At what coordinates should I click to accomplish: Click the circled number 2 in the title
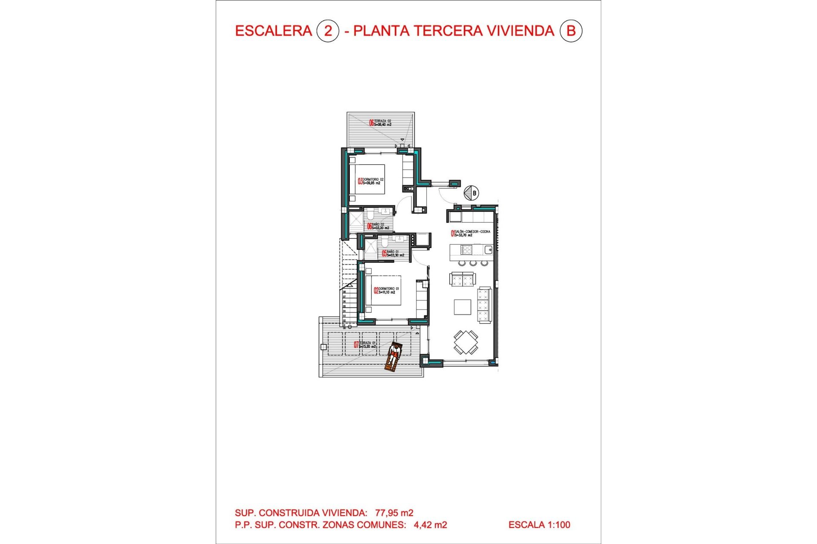coord(328,31)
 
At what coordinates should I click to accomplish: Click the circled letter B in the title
coord(571,31)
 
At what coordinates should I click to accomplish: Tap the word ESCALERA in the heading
coord(273,31)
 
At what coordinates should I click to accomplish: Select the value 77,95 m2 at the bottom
coord(394,513)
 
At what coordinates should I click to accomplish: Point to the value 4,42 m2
coord(430,525)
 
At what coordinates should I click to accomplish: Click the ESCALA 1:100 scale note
coord(539,525)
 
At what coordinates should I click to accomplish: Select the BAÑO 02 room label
coord(378,226)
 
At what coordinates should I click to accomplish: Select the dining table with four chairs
coord(466,342)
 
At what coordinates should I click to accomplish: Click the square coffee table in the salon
coord(462,307)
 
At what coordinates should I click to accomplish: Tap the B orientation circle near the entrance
coord(471,193)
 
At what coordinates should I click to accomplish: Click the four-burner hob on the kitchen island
coord(466,250)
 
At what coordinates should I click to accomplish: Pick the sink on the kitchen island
coord(488,250)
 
